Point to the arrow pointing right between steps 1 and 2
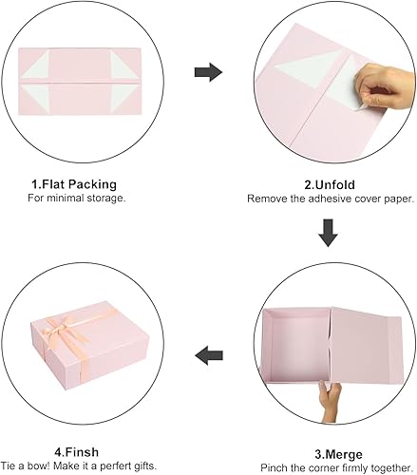(207, 71)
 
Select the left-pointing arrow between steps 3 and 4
(207, 356)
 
